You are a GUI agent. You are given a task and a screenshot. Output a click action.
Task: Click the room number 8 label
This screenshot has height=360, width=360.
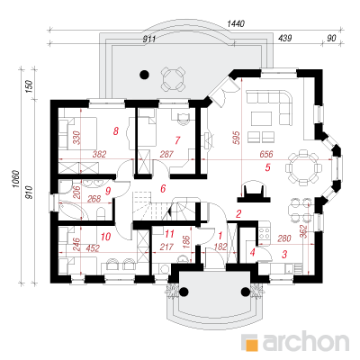(116, 130)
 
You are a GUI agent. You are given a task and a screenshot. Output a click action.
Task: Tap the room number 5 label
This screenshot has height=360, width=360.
(268, 167)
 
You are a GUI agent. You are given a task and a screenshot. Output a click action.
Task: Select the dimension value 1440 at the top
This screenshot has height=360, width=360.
(237, 23)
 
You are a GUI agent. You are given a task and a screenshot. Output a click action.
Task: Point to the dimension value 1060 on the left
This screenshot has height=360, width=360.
(16, 180)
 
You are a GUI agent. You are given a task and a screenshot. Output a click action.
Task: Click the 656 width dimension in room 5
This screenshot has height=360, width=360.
(266, 154)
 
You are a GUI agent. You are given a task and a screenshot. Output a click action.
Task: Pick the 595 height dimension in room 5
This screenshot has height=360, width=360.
(237, 138)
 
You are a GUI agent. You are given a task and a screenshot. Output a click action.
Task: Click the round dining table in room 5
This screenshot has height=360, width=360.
(303, 167)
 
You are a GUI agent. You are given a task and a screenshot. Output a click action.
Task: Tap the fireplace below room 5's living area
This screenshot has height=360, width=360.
(254, 192)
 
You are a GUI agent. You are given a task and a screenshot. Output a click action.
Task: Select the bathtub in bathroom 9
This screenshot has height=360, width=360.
(72, 211)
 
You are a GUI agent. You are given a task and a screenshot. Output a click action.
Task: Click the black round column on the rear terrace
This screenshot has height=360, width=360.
(145, 74)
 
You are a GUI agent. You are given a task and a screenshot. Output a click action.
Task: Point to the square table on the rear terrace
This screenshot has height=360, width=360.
(173, 79)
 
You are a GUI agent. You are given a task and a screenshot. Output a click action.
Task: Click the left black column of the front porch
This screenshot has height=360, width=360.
(184, 291)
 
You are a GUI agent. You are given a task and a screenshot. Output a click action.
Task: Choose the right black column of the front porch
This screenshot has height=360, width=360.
(245, 291)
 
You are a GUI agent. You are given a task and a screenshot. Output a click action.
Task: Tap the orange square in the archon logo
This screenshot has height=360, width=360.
(252, 344)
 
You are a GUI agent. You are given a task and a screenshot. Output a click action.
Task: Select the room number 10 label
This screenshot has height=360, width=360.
(106, 237)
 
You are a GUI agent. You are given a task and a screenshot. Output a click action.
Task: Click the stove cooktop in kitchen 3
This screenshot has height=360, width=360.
(265, 231)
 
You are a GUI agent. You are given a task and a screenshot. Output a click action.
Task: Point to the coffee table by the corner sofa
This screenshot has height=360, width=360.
(262, 118)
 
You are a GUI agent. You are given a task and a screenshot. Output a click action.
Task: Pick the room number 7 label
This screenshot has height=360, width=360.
(177, 140)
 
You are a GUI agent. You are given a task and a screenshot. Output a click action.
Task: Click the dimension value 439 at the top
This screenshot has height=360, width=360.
(285, 38)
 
